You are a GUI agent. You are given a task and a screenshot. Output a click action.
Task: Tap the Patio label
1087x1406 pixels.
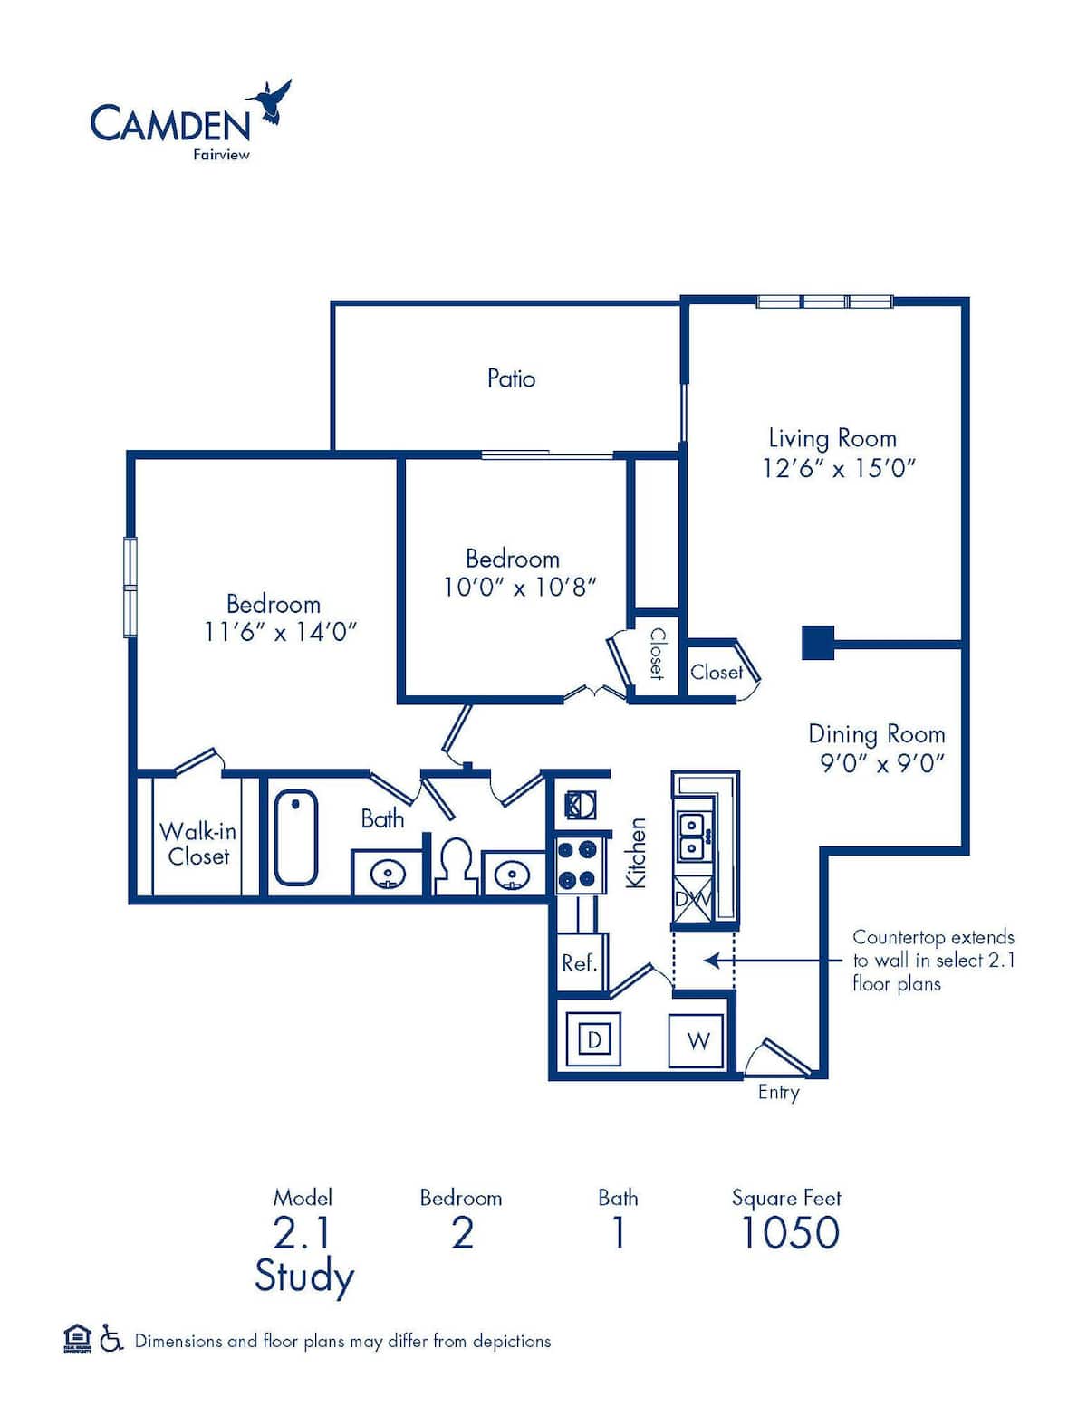[511, 378]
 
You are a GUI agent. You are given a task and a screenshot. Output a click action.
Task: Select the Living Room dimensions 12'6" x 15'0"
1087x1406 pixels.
[840, 468]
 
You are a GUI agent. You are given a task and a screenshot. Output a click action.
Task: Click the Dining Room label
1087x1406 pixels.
[876, 733]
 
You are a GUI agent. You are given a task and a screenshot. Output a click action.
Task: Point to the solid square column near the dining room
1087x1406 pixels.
[818, 643]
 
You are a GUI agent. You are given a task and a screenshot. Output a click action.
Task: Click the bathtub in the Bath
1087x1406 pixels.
[295, 837]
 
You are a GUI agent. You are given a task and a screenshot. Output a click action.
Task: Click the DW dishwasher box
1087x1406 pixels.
[693, 899]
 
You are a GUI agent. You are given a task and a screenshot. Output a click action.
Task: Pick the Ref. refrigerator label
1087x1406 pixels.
[579, 962]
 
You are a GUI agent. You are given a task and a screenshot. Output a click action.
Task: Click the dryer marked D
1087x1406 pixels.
[594, 1039]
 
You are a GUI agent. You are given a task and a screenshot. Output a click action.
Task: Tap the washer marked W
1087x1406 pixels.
[697, 1040]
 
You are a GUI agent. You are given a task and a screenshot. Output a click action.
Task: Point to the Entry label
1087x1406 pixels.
[778, 1092]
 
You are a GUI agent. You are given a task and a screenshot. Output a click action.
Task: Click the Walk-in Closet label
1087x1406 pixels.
[198, 843]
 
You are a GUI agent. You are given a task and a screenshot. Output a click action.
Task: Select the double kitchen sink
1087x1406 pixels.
[692, 836]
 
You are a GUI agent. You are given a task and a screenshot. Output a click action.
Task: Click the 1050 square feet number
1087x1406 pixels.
[790, 1232]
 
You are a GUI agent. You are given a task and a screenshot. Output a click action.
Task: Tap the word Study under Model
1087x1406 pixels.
[303, 1277]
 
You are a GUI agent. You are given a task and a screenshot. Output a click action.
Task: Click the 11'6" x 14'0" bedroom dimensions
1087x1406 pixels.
[281, 631]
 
